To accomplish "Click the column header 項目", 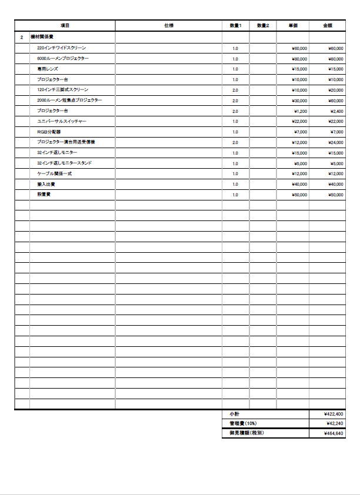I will [x=65, y=26].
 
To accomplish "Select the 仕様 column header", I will [x=169, y=26].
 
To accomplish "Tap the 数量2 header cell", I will [x=263, y=26].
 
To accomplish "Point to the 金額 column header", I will [x=327, y=26].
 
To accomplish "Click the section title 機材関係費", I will [x=42, y=37].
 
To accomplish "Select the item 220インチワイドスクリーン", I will [x=61, y=48].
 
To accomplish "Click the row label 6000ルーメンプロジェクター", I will [x=63, y=58].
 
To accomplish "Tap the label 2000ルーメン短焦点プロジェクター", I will [x=69, y=101].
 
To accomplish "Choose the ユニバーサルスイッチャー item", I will [x=62, y=121].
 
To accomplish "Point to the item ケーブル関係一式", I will [x=54, y=174].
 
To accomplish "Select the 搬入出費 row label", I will [x=45, y=184].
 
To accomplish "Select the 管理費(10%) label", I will [x=243, y=423].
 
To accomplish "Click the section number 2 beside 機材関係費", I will [x=22, y=37].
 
